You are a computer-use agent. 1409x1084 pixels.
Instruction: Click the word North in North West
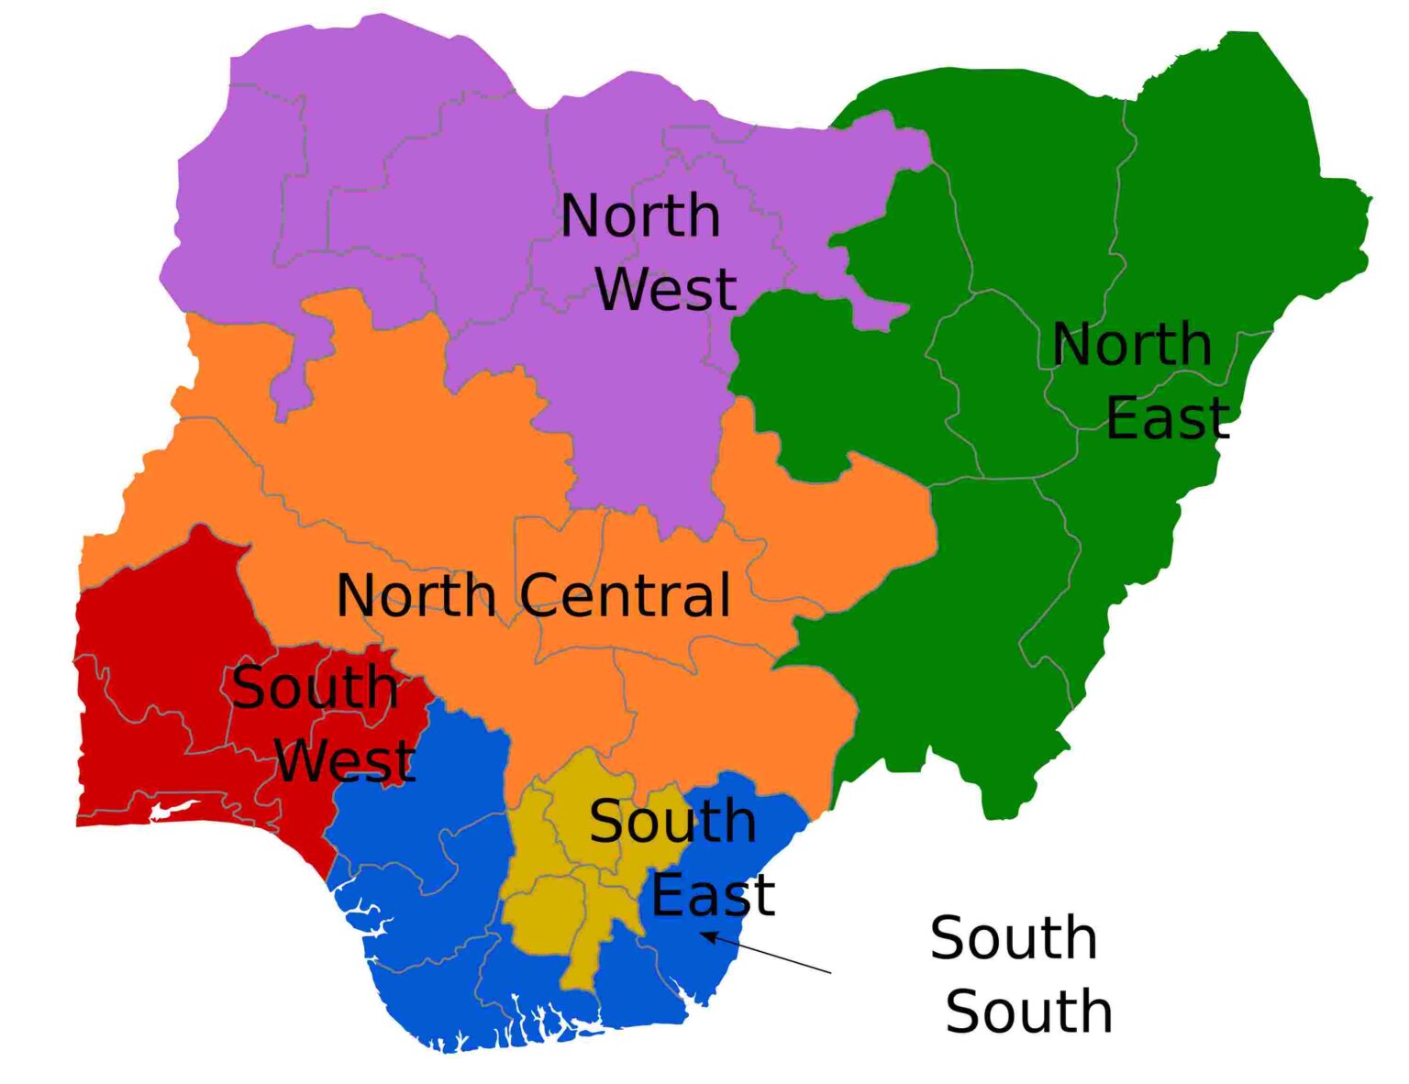639,216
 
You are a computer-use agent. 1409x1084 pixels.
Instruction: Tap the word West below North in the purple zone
666,289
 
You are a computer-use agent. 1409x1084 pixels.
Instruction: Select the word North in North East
1131,345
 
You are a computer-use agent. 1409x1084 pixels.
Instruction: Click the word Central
627,595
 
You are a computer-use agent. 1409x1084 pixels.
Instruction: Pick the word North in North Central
416,595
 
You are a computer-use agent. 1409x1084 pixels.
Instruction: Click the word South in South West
315,687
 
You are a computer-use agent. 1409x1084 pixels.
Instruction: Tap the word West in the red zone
345,760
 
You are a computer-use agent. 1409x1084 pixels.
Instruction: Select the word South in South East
672,821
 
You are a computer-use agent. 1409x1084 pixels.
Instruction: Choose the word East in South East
713,895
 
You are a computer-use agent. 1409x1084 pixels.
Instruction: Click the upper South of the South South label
1014,938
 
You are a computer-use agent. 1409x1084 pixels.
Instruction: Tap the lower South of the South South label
1028,1012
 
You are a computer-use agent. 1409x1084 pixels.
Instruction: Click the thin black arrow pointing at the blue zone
767,953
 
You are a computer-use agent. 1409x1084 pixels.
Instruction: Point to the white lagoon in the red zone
174,810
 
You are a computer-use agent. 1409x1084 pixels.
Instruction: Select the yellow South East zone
550,908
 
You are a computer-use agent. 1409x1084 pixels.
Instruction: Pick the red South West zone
147,642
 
